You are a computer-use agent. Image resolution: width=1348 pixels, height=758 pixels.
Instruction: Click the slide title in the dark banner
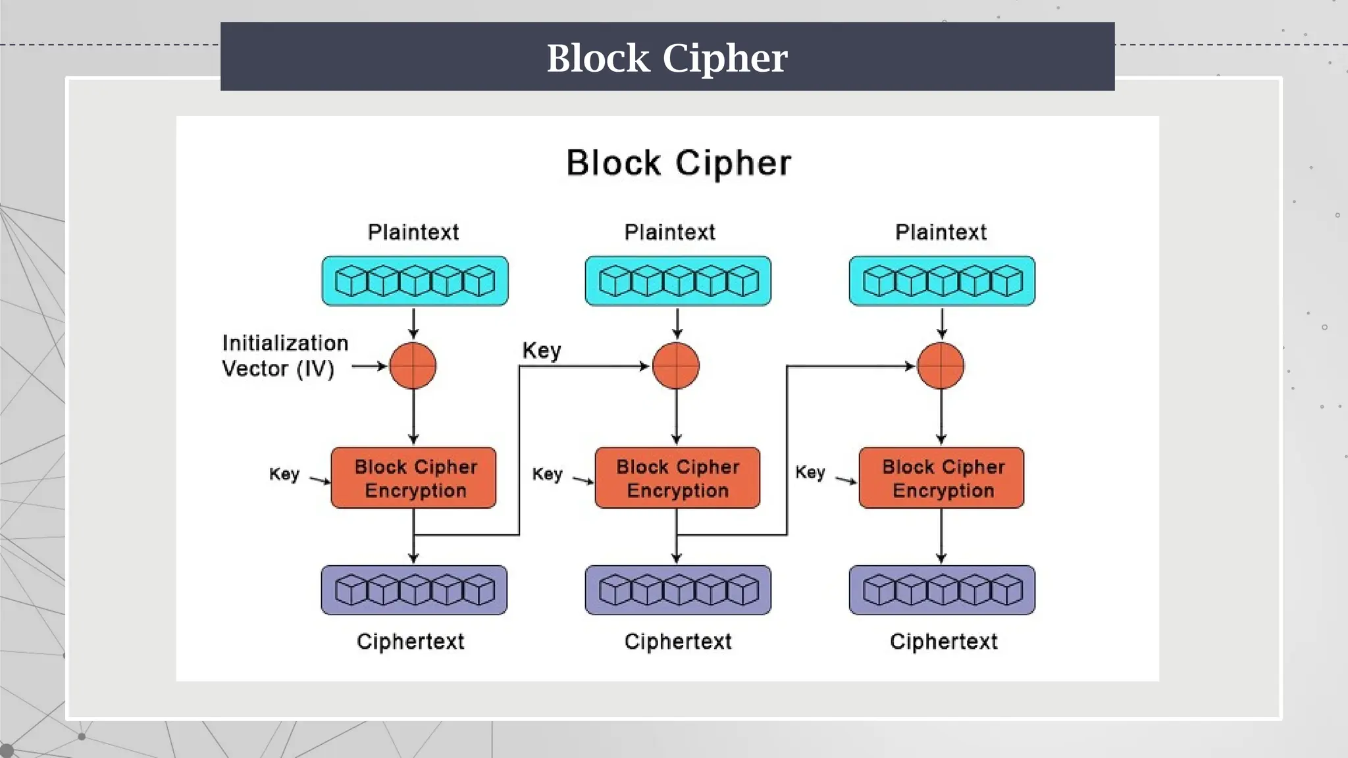[x=667, y=58]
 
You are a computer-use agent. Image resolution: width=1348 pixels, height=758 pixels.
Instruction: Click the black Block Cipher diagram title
[x=678, y=163]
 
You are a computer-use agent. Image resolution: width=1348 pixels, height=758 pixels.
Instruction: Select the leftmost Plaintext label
[x=413, y=232]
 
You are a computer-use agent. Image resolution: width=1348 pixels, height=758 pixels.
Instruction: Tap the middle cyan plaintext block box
[x=677, y=281]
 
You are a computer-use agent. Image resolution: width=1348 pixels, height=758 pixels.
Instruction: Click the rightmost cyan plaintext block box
[x=941, y=281]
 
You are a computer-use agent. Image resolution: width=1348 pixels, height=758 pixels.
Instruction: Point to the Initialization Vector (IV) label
[x=284, y=356]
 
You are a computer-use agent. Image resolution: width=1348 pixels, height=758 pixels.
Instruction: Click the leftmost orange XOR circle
[x=413, y=366]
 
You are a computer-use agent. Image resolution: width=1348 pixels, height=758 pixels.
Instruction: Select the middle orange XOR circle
[x=676, y=366]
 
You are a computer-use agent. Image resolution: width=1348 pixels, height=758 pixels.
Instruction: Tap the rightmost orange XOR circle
[x=941, y=366]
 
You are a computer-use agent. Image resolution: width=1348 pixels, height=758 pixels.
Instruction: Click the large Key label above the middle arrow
[x=541, y=351]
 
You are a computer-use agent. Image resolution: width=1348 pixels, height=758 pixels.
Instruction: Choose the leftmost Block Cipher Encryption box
[x=413, y=478]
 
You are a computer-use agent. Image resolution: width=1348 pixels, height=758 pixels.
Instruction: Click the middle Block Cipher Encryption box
[x=677, y=478]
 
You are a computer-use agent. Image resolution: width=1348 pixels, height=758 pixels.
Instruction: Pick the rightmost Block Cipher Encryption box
[x=941, y=478]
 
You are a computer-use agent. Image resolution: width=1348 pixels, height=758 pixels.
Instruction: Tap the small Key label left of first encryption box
[x=284, y=474]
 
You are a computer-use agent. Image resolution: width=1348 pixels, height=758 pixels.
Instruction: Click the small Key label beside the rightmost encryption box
[x=810, y=472]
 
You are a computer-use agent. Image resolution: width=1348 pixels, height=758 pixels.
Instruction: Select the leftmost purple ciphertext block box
[x=414, y=590]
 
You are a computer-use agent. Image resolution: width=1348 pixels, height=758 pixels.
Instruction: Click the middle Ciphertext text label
[x=677, y=642]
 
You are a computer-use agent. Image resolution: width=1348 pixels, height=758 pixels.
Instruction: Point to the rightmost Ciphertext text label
[x=943, y=642]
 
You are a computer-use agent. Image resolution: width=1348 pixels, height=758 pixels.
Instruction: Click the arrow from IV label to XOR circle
[x=369, y=366]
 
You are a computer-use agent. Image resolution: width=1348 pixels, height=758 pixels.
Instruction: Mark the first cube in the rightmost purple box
[x=879, y=590]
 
